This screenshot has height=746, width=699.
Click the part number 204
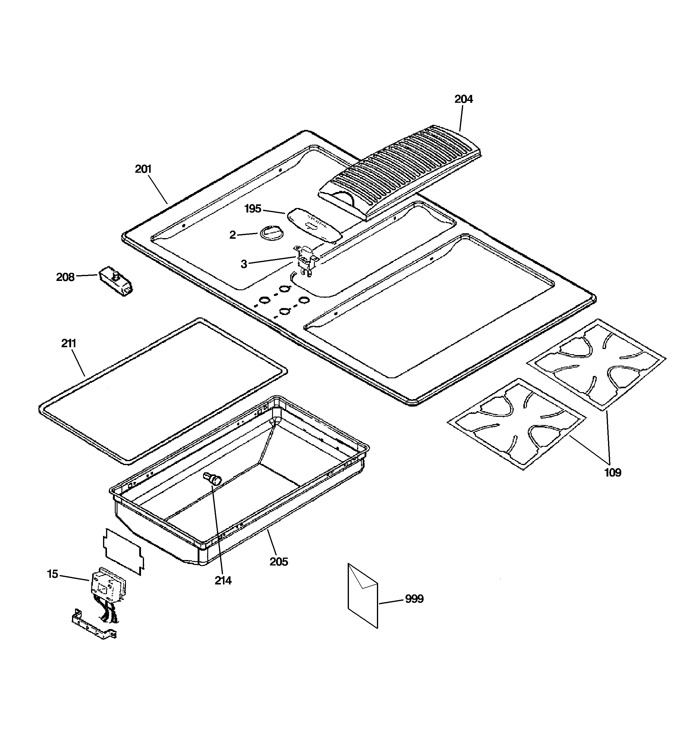pos(463,99)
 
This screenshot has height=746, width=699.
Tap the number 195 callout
pos(253,209)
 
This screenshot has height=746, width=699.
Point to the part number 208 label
pos(65,277)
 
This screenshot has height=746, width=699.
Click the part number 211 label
pos(69,343)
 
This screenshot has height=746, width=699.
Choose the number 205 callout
pos(279,562)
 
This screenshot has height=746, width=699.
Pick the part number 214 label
pos(223,581)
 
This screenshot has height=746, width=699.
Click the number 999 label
pos(414,599)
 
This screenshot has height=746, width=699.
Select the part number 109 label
pos(612,472)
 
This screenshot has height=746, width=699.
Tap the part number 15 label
pos(52,574)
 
